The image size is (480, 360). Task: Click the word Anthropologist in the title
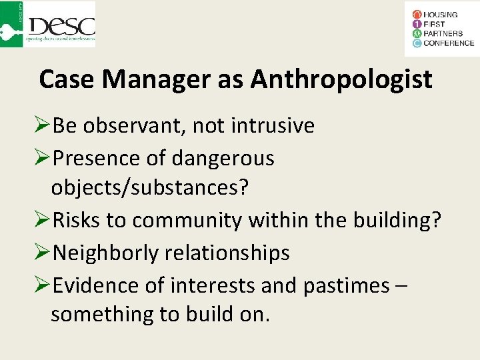[x=341, y=80]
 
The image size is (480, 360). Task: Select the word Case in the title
[x=67, y=80]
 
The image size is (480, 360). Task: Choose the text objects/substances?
[x=149, y=188]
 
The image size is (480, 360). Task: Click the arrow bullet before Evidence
[x=41, y=285]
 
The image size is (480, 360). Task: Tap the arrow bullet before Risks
[x=41, y=220]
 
